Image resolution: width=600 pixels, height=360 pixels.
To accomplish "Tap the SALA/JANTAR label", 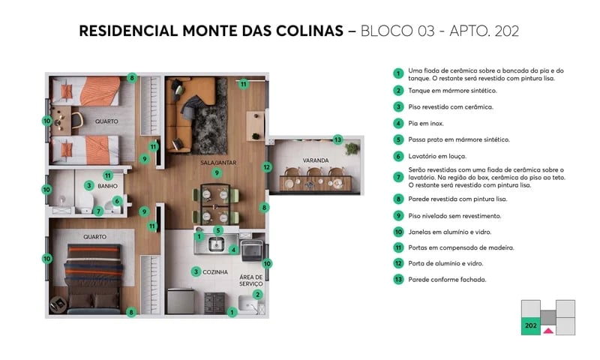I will pyautogui.click(x=216, y=161).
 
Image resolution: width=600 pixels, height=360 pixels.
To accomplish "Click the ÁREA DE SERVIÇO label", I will pyautogui.click(x=251, y=281).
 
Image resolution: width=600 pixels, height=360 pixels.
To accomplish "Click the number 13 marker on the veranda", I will pyautogui.click(x=338, y=140).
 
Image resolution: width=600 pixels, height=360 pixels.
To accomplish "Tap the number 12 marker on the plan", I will pyautogui.click(x=266, y=167).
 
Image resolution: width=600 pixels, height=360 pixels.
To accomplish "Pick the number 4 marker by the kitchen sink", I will pyautogui.click(x=234, y=249).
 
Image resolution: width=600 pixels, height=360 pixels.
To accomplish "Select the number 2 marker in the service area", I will pyautogui.click(x=258, y=295).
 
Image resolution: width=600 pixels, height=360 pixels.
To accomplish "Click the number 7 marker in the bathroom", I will pyautogui.click(x=98, y=211).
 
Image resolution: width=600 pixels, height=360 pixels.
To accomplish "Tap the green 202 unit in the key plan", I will pyautogui.click(x=530, y=326).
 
